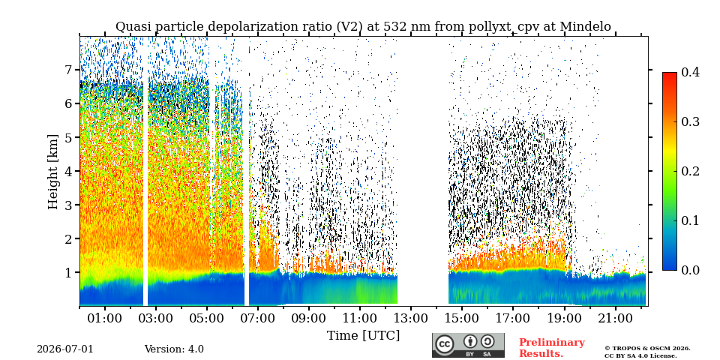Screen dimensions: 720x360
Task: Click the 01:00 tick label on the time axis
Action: coord(105,318)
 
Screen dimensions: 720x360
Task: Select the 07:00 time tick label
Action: coord(258,318)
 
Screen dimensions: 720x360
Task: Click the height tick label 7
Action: coord(68,70)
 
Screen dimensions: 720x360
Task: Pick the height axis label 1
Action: coord(68,272)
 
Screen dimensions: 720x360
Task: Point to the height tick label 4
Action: coord(68,171)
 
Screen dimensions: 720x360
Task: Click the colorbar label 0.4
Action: coord(690,72)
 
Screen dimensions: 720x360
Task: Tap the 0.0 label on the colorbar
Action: coord(690,270)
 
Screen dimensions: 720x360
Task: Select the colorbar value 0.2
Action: coord(690,171)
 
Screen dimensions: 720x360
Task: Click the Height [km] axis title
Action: coord(53,172)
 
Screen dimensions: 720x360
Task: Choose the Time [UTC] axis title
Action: coord(363,336)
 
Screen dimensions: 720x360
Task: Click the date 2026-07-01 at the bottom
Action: coord(64,349)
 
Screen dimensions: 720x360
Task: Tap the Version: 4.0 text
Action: coord(174,349)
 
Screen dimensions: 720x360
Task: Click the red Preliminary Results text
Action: coord(552,348)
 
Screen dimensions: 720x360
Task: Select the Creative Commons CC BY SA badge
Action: coord(468,345)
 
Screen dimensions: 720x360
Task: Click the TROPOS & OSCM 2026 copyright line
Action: coord(647,349)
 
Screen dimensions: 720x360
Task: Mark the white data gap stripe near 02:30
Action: coord(145,171)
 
